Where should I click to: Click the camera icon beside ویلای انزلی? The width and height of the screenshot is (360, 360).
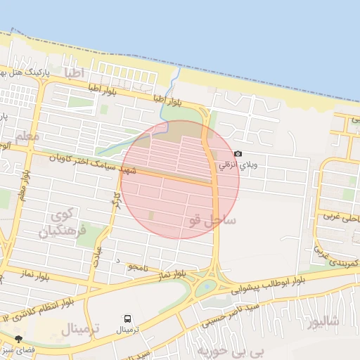click(238, 154)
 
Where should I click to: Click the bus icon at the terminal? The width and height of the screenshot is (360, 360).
click(127, 319)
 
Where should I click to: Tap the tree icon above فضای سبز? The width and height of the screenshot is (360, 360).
click(18, 339)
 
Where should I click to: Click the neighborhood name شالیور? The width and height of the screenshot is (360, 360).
click(323, 323)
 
